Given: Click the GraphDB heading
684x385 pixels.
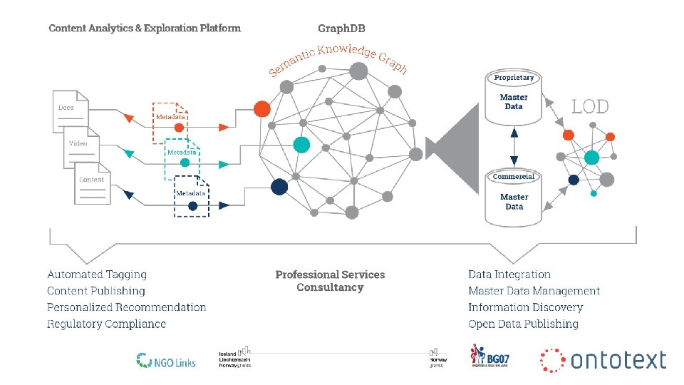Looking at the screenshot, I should [341, 29].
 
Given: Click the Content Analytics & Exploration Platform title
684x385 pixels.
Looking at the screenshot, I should [145, 29].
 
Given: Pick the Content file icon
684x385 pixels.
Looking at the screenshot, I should [93, 183].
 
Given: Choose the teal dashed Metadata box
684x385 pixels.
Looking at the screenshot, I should [182, 157].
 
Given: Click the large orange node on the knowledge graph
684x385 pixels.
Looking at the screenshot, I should [262, 108].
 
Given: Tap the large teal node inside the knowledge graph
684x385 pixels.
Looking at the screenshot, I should [301, 144].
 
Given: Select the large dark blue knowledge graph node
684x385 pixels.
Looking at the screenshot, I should [279, 187].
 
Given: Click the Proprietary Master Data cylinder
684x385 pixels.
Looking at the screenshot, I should [514, 97].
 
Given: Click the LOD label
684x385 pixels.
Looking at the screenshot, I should [591, 107].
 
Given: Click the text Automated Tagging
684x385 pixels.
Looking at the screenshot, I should [97, 274].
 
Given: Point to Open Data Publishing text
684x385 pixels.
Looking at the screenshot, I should [523, 324].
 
